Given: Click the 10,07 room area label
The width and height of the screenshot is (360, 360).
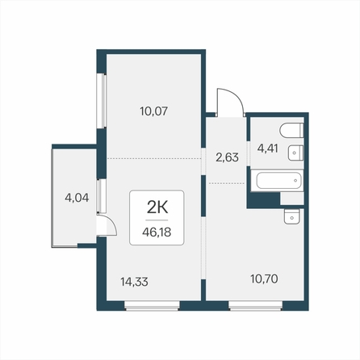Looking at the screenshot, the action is click(154, 111).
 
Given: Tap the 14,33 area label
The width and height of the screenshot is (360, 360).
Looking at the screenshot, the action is click(134, 282).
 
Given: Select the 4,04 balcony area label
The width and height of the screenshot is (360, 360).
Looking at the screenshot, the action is click(77, 198).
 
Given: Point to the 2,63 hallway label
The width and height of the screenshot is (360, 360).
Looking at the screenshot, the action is click(227, 157).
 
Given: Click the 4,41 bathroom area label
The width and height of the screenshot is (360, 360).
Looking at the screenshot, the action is click(267, 148).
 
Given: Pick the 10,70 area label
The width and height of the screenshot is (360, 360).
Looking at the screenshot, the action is click(264, 279).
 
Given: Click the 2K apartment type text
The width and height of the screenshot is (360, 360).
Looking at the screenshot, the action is click(157, 207).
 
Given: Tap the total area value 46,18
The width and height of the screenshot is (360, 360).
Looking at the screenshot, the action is click(157, 232).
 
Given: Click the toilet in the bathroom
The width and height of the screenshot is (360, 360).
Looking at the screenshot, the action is click(291, 131).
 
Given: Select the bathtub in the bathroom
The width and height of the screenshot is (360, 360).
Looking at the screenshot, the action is click(278, 181).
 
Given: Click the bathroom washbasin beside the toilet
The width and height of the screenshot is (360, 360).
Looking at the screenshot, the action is click(295, 153).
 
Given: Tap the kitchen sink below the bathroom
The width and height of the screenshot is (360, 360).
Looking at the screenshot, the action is click(291, 217).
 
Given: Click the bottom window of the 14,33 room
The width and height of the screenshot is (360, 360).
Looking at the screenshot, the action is click(152, 306).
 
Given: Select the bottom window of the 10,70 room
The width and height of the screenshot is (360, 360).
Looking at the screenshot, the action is click(255, 306).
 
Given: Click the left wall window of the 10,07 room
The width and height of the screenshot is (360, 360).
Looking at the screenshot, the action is click(102, 100).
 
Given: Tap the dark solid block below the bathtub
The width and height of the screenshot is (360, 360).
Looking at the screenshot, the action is click(264, 200).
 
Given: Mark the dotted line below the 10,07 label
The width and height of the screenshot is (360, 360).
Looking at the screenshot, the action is click(154, 159).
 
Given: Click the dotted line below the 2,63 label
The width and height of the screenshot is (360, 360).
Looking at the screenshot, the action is click(227, 183).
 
